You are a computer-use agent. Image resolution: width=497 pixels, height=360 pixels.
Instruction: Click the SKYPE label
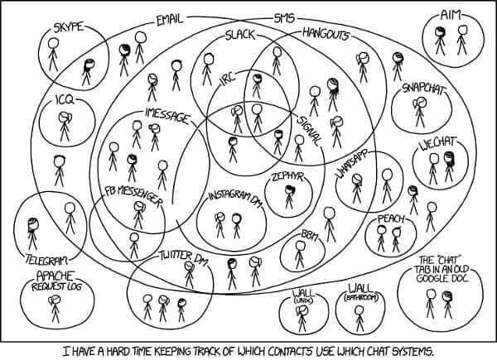[68, 27]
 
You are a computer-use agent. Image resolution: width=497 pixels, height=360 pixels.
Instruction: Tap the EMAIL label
[170, 20]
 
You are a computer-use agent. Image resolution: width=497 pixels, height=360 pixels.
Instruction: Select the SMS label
[284, 18]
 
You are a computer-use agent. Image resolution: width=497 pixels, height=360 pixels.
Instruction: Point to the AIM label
[450, 15]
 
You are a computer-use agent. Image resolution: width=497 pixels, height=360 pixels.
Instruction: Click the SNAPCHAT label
[424, 89]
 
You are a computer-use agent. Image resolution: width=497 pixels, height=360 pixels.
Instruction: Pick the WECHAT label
[438, 143]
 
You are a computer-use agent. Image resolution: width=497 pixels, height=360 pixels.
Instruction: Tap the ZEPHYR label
[287, 176]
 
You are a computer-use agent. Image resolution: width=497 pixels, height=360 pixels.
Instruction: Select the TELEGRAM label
[46, 260]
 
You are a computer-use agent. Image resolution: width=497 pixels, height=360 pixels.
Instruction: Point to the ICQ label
[65, 100]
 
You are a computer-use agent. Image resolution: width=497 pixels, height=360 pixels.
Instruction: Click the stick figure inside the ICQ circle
[65, 127]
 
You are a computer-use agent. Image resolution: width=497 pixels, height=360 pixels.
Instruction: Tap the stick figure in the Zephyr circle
[289, 197]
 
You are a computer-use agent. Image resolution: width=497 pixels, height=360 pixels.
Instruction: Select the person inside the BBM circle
[300, 255]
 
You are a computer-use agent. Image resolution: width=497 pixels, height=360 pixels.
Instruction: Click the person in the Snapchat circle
[420, 112]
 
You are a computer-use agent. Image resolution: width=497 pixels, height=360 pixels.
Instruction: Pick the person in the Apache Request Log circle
[55, 309]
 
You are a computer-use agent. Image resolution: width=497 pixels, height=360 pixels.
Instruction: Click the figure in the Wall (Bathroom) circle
[359, 319]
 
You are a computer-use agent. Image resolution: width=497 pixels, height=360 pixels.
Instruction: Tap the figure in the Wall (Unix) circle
[302, 318]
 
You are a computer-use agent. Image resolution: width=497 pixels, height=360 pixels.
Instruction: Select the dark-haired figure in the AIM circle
[440, 41]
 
